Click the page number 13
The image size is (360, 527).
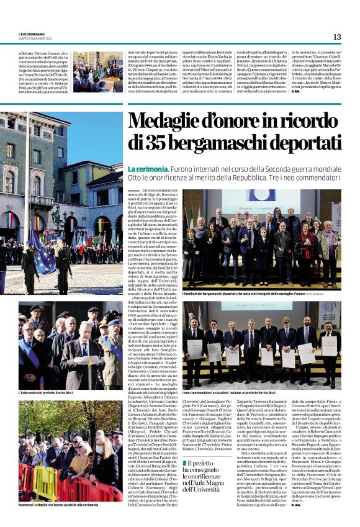point(337,37)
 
